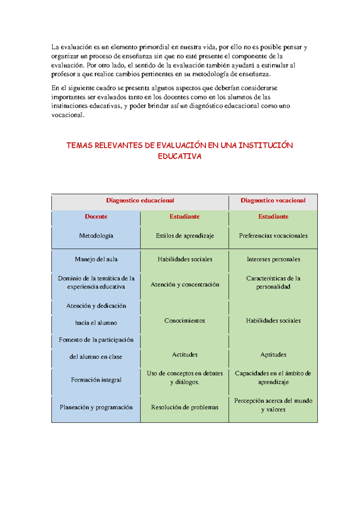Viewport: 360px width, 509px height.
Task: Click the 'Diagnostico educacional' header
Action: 140,200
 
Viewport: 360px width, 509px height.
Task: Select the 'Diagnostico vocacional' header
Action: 273,200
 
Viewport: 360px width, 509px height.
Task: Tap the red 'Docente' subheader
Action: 96,216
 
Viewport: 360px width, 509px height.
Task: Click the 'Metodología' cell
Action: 96,236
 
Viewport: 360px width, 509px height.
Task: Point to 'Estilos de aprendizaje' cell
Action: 185,236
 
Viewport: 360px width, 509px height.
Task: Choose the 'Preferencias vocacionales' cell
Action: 273,236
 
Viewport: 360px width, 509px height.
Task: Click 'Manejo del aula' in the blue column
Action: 96,259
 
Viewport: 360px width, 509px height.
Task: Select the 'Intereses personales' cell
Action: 273,259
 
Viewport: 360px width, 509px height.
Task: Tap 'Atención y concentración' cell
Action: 185,284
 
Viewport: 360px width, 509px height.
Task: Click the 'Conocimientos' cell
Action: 184,321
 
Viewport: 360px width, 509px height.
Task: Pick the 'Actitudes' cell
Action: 185,354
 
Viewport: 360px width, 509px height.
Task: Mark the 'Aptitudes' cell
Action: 273,354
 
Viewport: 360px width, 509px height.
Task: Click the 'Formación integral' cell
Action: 96,380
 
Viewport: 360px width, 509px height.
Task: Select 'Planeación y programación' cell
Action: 96,407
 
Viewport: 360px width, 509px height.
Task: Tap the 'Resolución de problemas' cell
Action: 185,407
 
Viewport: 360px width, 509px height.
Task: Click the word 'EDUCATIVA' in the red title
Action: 179,156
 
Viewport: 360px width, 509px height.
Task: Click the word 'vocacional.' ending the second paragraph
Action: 68,115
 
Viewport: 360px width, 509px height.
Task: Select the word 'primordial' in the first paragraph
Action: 154,47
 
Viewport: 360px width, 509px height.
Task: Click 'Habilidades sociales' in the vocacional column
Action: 273,321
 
